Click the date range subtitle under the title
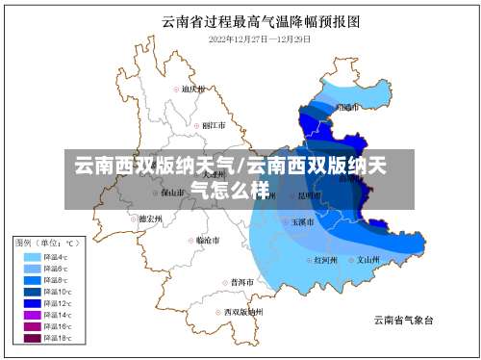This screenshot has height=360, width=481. pos(260,39)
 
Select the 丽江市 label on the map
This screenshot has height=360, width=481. pos(213,125)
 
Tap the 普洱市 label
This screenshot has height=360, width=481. pos(242,282)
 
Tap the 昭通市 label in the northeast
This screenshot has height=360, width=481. pos(346,107)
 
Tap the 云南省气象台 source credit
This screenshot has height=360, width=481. pos(403,320)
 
